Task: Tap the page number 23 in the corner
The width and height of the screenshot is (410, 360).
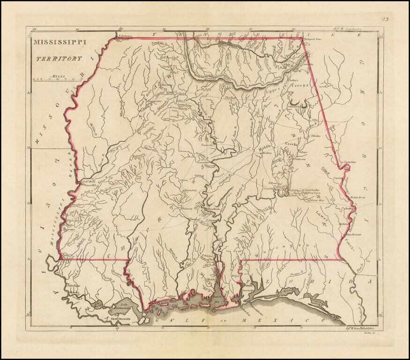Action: (385, 19)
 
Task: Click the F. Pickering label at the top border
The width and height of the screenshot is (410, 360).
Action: (126, 35)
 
